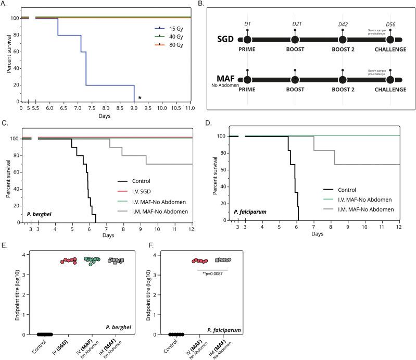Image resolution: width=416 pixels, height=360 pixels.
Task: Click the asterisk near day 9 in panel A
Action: click(x=139, y=97)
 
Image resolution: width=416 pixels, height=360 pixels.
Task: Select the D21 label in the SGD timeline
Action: click(x=295, y=23)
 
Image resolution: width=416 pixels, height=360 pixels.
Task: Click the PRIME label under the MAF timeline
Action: click(x=247, y=90)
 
